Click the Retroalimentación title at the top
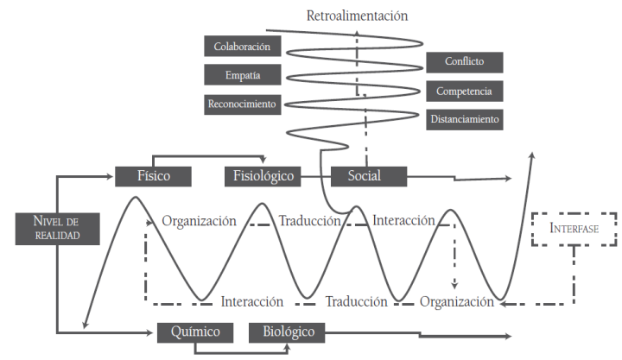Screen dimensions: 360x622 click(x=357, y=16)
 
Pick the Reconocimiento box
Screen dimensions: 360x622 click(x=243, y=104)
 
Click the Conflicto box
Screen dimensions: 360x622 click(x=465, y=62)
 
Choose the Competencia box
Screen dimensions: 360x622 click(x=465, y=91)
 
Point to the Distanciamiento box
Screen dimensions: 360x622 click(x=465, y=119)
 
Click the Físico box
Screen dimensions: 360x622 click(x=153, y=176)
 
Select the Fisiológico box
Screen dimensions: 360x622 click(x=263, y=176)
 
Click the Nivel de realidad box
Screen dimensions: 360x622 click(x=56, y=227)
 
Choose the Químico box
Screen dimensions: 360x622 click(x=195, y=332)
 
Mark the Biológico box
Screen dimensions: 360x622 click(x=288, y=332)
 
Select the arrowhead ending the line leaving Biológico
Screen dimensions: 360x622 click(x=508, y=335)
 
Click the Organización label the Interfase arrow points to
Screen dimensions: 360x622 click(x=457, y=302)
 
